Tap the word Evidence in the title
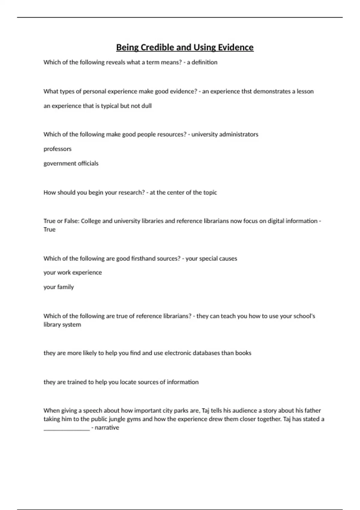coord(235,47)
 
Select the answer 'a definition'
coord(202,62)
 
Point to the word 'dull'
coord(146,106)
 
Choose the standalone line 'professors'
coord(58,149)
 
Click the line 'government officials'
coord(71,163)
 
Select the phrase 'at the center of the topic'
coord(183,193)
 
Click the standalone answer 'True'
coord(49,229)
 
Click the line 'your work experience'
coord(73,273)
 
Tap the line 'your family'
coord(58,287)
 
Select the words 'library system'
coord(62,325)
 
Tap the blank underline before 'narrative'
coord(67,428)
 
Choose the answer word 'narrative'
coord(107,427)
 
